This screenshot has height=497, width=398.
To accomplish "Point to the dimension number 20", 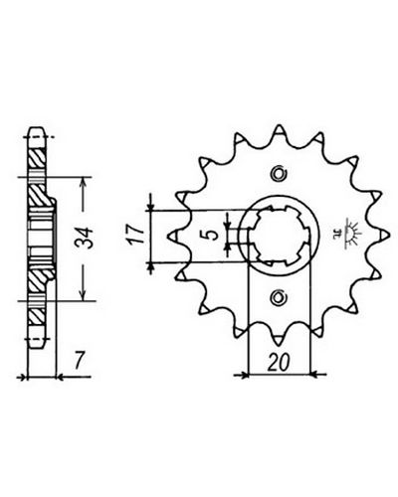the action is (279, 363).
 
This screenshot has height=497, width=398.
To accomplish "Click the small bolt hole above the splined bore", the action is (278, 173).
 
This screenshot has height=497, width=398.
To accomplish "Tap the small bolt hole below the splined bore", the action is (278, 297).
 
